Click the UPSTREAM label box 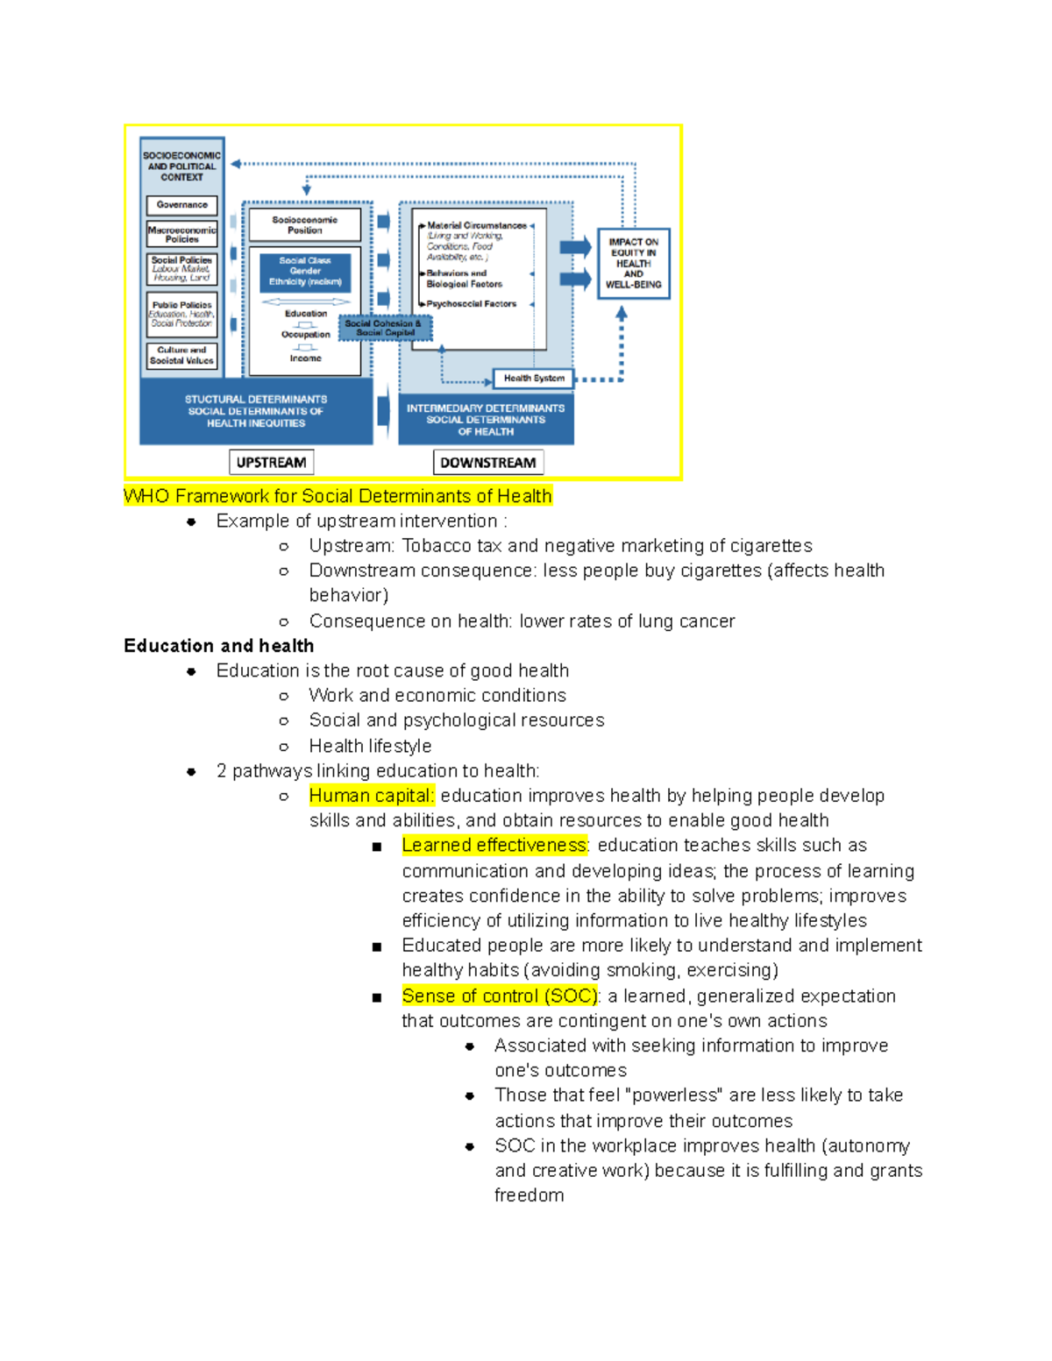(271, 462)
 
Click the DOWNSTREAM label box (487, 462)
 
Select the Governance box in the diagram (181, 205)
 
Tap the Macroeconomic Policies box (181, 234)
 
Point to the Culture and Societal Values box (181, 355)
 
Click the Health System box (533, 378)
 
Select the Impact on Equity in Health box (633, 263)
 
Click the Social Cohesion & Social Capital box (384, 328)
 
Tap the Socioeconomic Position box (304, 224)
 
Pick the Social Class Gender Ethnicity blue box (304, 272)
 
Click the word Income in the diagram (305, 358)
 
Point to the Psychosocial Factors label (471, 304)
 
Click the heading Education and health (218, 646)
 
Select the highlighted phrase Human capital (372, 796)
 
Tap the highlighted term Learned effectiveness (494, 846)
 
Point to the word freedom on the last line (529, 1195)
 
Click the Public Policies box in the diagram (181, 314)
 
